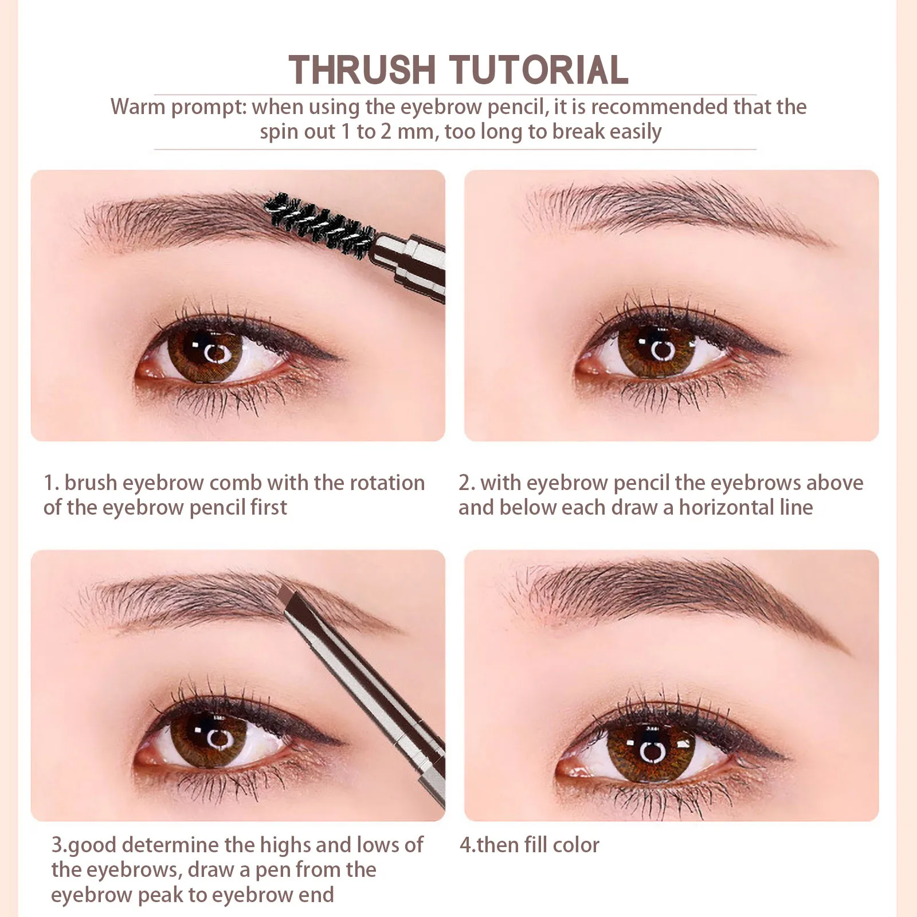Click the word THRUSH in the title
(x=362, y=70)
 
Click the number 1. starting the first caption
(x=51, y=483)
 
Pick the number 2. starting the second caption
(x=467, y=483)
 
